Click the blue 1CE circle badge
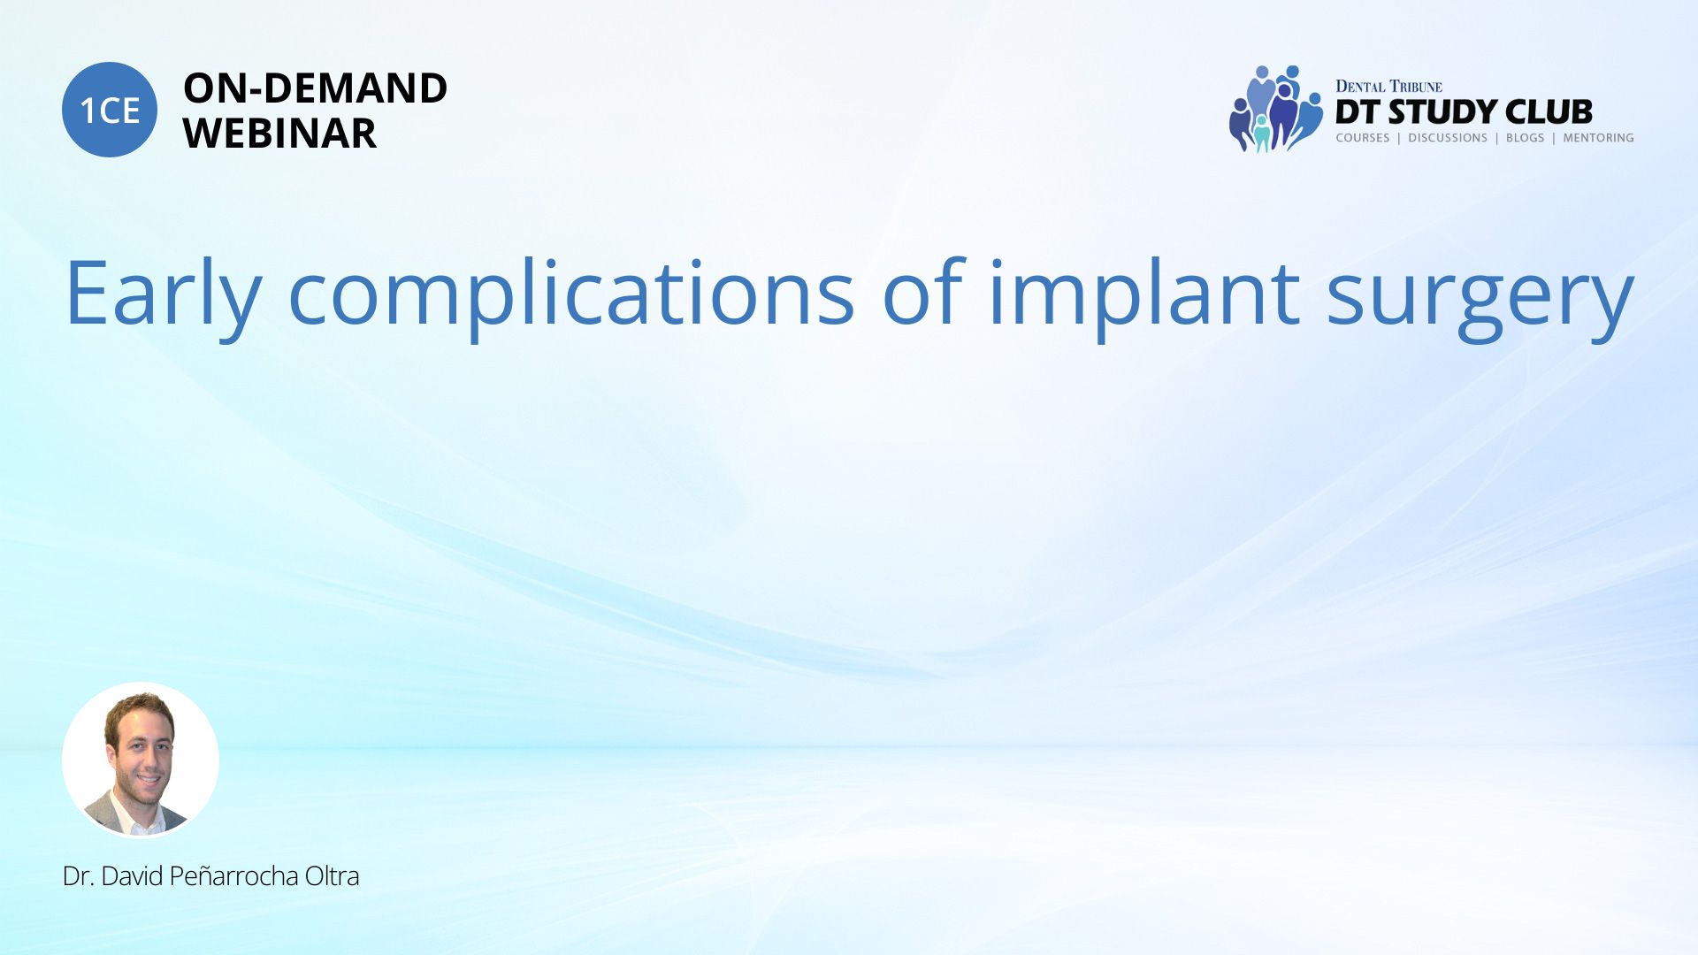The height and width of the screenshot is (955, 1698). coord(110,110)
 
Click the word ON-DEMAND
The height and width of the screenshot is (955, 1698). coord(315,88)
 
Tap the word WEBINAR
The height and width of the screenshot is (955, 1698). coord(279,134)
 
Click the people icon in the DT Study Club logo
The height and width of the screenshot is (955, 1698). coord(1275,109)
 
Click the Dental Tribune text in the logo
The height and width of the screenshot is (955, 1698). coord(1388,87)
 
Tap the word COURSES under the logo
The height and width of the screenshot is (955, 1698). coord(1363,138)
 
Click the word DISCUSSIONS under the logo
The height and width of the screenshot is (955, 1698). coord(1448,138)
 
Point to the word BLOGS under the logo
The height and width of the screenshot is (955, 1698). coord(1525,138)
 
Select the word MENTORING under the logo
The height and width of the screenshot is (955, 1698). coord(1598,138)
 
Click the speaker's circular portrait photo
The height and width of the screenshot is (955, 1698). coord(141,760)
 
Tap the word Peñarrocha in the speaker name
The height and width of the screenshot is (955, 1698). coord(233,876)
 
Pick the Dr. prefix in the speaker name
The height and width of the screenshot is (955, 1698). coord(78,876)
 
